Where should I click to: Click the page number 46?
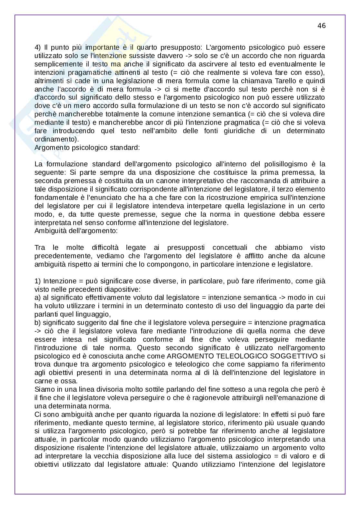pyautogui.click(x=321, y=26)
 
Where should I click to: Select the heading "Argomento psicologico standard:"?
pyautogui.click(x=87, y=148)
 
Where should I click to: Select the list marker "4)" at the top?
pyautogui.click(x=38, y=47)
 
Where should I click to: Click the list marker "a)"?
pyautogui.click(x=37, y=297)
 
